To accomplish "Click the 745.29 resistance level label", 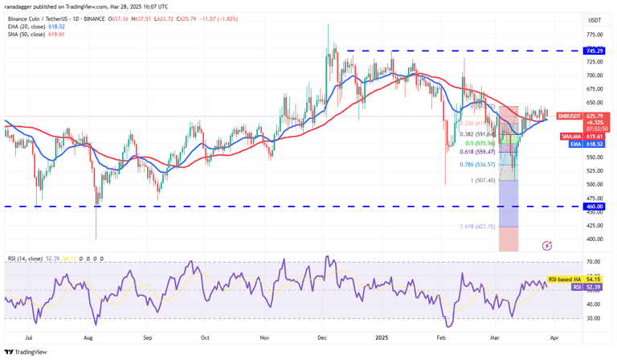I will [595, 51].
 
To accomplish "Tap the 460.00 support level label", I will [595, 207].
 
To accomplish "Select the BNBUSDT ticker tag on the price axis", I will [570, 116].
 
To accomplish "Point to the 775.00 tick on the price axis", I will [595, 35].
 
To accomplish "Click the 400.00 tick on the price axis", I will [595, 239].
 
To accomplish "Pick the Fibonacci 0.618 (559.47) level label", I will [476, 151].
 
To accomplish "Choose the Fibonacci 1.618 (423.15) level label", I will [477, 227].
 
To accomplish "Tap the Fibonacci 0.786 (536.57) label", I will [476, 164].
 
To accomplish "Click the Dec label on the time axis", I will [322, 339].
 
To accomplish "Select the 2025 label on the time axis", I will [381, 339].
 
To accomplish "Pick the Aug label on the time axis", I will [89, 339].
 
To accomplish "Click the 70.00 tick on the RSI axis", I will [594, 262].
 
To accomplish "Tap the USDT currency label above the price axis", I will [595, 20].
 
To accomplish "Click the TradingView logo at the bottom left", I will [26, 352].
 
